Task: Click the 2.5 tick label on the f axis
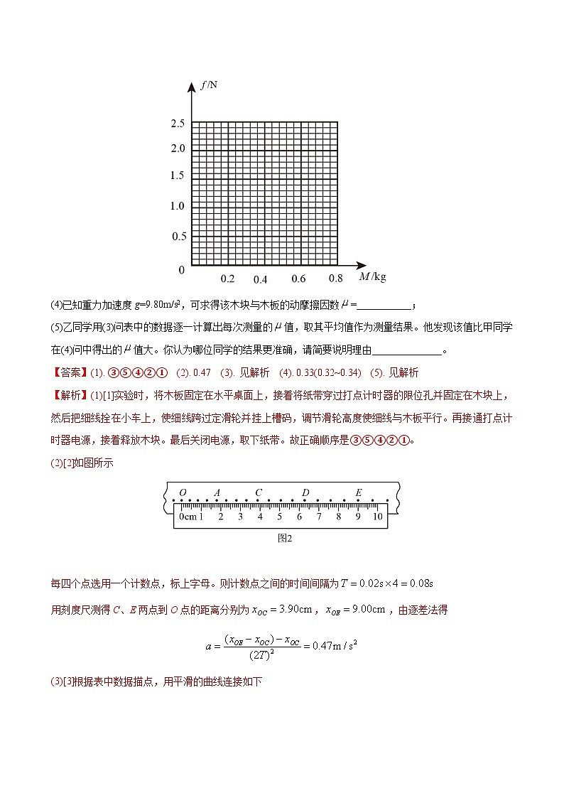click(178, 123)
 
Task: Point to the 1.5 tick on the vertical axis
click(178, 176)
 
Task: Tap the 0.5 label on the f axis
click(178, 236)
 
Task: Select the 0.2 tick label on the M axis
click(227, 279)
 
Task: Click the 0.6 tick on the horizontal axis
click(298, 279)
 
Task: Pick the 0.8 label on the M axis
click(335, 279)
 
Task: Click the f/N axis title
click(210, 85)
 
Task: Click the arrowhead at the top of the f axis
click(192, 87)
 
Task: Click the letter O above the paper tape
click(183, 492)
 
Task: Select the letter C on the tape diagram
click(259, 492)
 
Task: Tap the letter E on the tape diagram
click(359, 492)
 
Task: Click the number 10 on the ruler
click(377, 517)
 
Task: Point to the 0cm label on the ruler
click(188, 517)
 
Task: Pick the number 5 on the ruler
click(279, 517)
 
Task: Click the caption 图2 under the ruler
click(284, 538)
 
